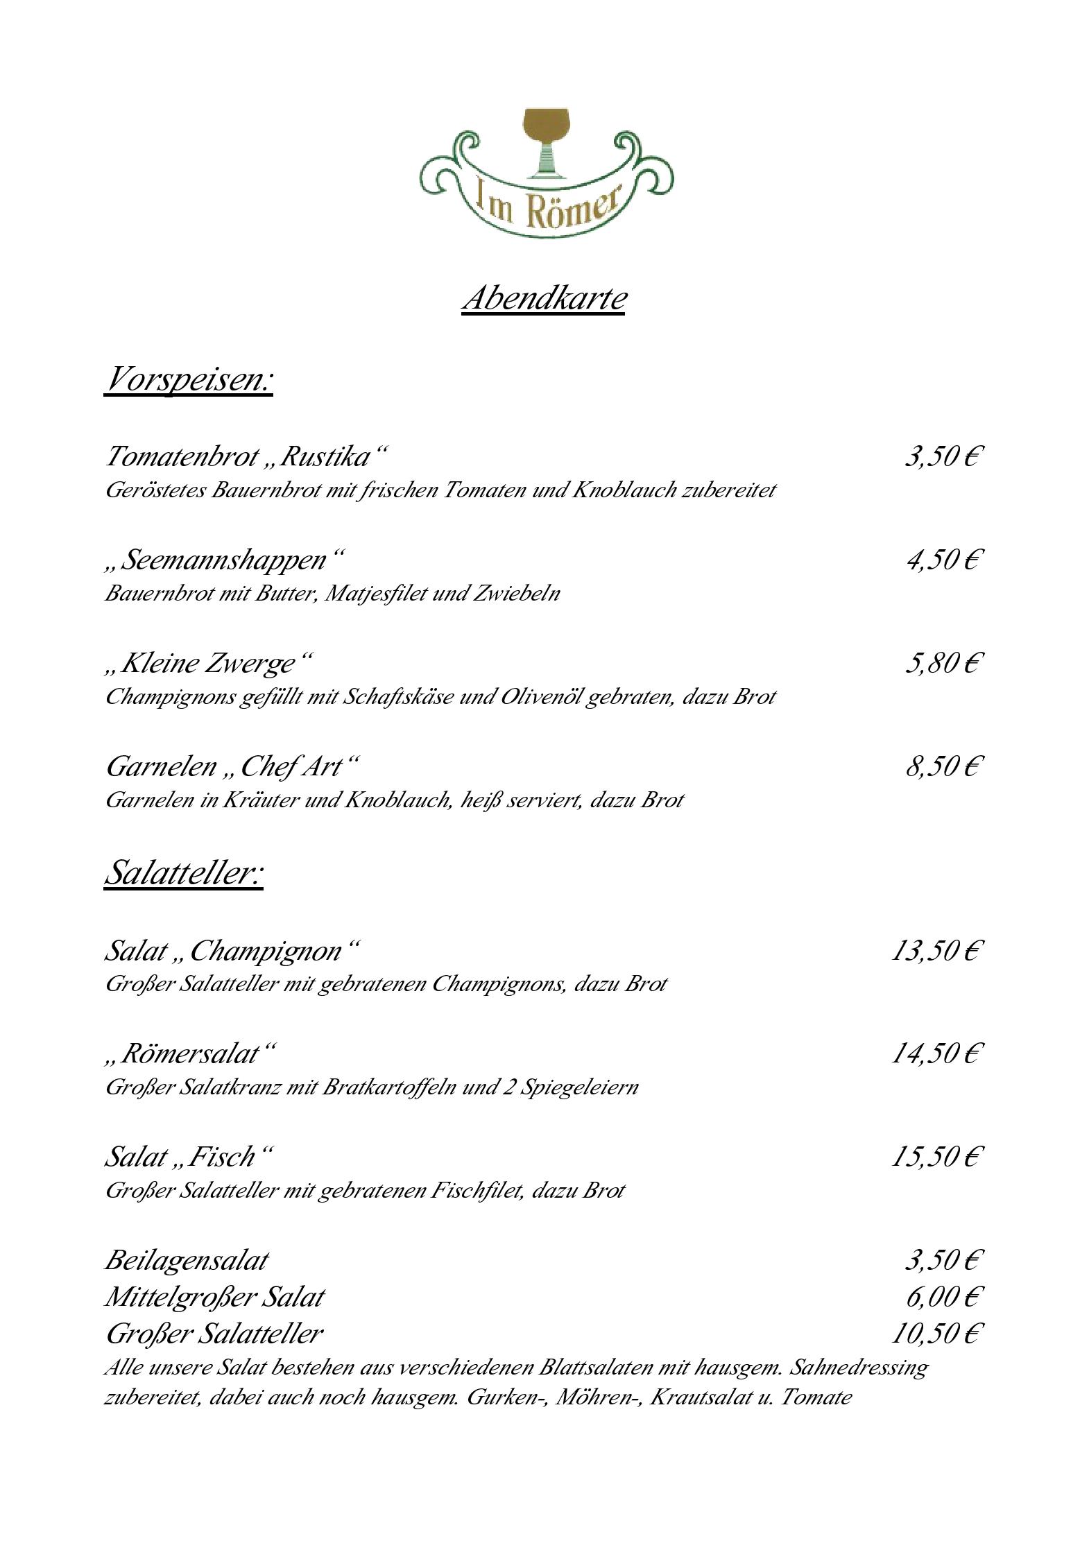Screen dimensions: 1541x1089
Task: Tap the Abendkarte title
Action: click(x=544, y=298)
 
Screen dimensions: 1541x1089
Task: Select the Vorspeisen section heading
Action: click(x=188, y=379)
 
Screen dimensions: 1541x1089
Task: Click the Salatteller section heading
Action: click(x=184, y=872)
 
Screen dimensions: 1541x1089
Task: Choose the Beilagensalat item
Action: click(x=186, y=1259)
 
